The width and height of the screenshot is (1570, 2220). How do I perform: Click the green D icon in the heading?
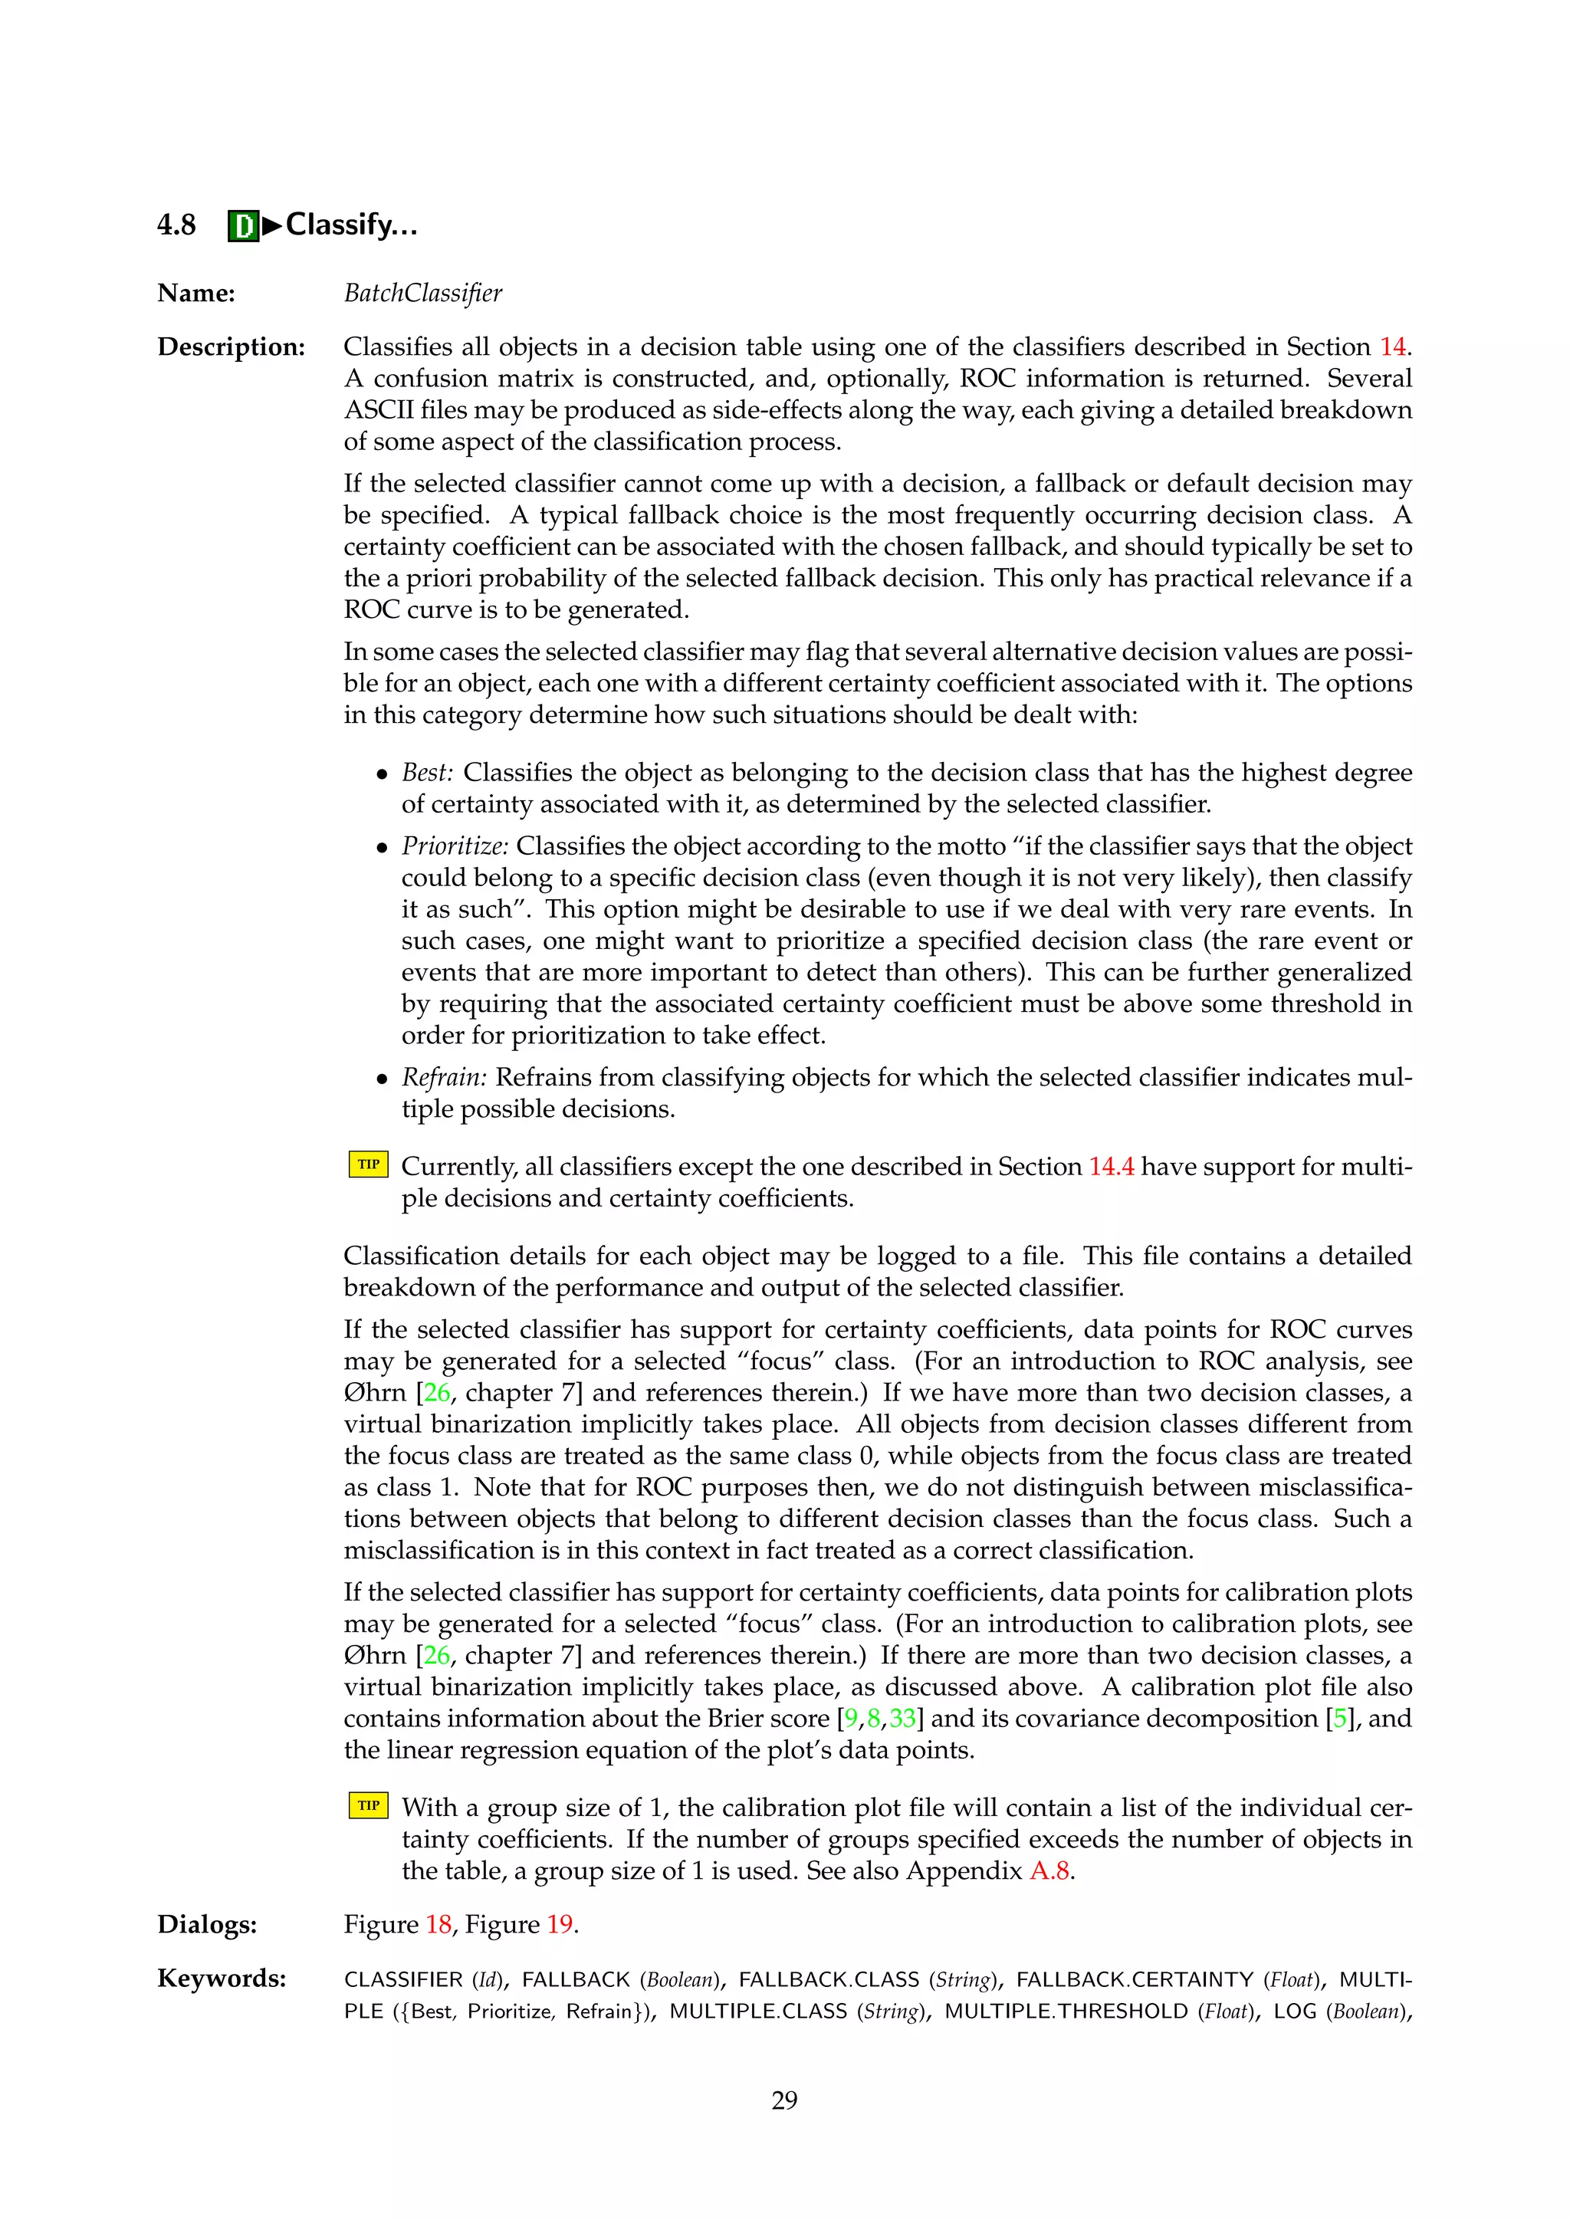244,226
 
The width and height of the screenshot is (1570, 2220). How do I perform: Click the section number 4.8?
176,225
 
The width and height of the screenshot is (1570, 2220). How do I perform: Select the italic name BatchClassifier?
422,293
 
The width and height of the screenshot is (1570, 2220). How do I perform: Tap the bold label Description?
231,347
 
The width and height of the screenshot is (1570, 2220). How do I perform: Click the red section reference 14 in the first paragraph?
1392,347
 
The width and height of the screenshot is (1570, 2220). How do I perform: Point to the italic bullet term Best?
427,773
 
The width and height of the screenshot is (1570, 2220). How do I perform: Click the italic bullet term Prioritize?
455,846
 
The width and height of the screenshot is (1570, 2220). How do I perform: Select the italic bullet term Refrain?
444,1077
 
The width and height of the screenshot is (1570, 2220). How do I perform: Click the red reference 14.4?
1111,1167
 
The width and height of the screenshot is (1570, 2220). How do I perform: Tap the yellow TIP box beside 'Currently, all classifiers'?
368,1164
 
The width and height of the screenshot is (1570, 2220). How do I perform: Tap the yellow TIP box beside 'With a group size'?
368,1805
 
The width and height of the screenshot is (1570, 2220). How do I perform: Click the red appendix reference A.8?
1049,1871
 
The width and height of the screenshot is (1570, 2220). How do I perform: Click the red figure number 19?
560,1924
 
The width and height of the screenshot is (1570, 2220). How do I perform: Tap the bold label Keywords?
222,1979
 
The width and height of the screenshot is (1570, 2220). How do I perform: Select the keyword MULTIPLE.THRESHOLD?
1066,2012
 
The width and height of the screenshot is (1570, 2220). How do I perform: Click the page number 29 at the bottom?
784,2100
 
